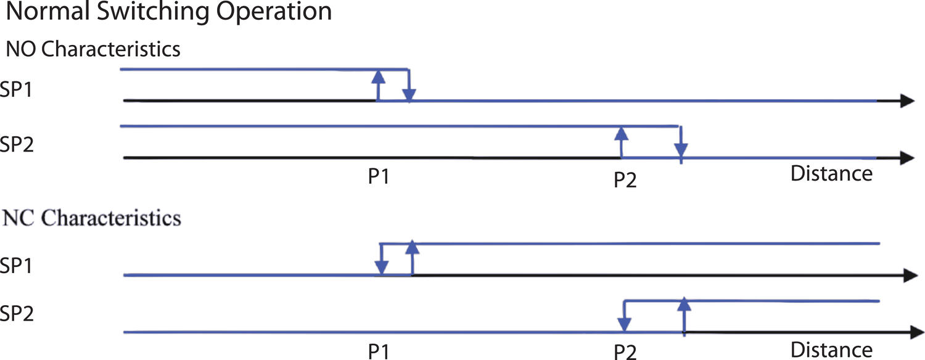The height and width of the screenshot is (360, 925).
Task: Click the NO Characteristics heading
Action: [x=93, y=49]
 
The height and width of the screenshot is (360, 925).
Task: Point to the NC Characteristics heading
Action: [x=92, y=218]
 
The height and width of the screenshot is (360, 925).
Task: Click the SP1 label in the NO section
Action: [x=17, y=89]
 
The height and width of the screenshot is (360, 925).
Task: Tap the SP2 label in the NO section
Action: [x=17, y=145]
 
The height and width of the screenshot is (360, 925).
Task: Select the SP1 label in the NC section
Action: [x=17, y=266]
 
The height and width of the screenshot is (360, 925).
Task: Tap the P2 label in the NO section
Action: [x=625, y=180]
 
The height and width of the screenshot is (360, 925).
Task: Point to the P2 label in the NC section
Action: [x=625, y=352]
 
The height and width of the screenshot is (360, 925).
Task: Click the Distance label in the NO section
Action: [x=831, y=174]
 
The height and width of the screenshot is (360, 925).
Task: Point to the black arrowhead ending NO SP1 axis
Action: [x=906, y=101]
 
